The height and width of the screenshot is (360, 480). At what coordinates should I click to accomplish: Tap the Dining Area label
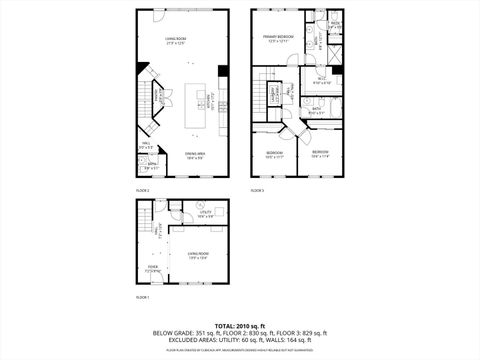click(194, 154)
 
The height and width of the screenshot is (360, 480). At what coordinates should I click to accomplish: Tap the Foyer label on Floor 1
click(152, 267)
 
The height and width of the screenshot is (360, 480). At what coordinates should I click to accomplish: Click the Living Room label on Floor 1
click(197, 256)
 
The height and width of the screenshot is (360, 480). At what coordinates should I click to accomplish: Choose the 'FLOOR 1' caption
click(142, 298)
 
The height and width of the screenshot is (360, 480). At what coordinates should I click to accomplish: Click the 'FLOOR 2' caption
click(142, 189)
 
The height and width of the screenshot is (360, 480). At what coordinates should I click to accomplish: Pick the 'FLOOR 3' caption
click(257, 189)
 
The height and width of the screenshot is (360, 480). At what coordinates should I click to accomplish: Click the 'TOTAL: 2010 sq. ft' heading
click(240, 325)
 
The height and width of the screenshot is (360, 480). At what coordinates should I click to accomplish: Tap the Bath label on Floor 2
click(153, 166)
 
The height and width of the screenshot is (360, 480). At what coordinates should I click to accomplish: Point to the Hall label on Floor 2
click(145, 145)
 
